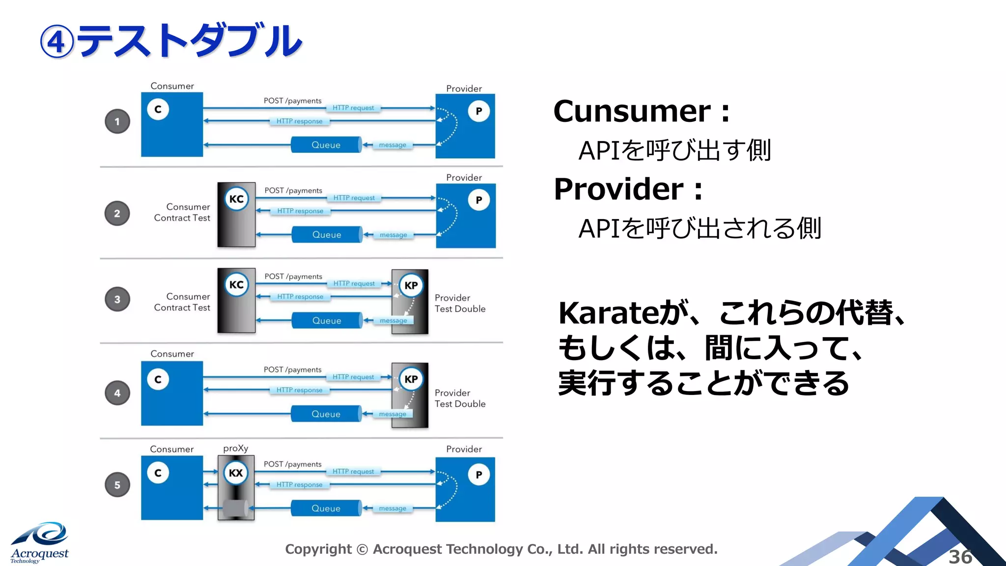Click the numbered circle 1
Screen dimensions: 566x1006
(x=117, y=121)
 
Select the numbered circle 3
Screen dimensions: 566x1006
(x=117, y=299)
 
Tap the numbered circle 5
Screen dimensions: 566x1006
(x=117, y=485)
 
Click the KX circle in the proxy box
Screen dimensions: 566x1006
(x=236, y=473)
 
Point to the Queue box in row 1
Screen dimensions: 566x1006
(x=326, y=145)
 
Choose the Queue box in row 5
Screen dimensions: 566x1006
(x=326, y=509)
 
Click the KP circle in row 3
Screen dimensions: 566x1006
(x=411, y=285)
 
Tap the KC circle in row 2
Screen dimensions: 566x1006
(x=236, y=199)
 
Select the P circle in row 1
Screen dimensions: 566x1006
(x=479, y=111)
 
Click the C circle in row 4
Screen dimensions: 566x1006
(x=158, y=379)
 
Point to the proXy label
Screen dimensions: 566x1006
(x=236, y=448)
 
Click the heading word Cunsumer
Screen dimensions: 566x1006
(x=632, y=112)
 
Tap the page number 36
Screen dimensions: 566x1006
(x=960, y=557)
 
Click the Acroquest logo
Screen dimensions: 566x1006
(x=40, y=542)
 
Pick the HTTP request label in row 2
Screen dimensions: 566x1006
(x=354, y=198)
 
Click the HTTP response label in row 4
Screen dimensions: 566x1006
(x=299, y=390)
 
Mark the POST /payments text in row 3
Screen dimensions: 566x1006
(x=293, y=277)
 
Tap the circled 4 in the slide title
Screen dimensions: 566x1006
(x=57, y=42)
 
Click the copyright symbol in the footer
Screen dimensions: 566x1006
(x=362, y=549)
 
